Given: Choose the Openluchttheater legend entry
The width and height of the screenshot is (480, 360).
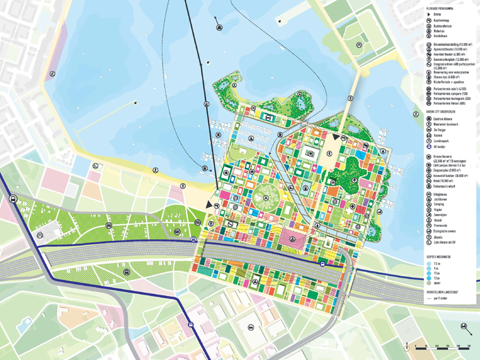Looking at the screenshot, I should click(x=449, y=49).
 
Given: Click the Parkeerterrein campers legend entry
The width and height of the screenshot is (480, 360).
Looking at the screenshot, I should click(x=451, y=94).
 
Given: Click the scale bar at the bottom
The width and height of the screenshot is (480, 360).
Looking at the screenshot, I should click(x=441, y=348).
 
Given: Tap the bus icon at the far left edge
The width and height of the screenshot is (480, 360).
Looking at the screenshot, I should click(x=13, y=199).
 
